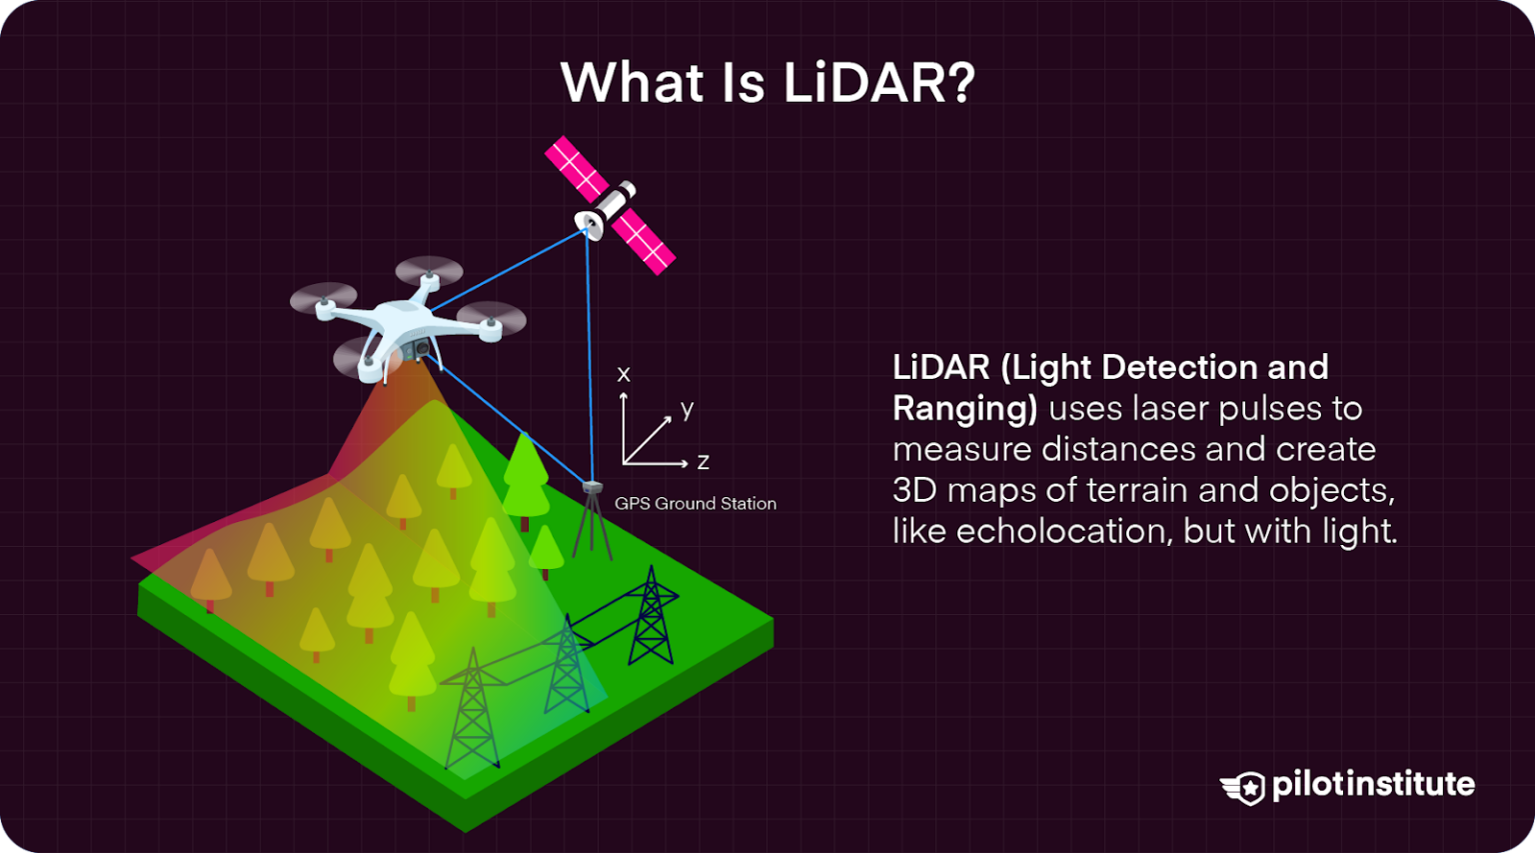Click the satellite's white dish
coord(589,225)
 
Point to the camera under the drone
coord(420,349)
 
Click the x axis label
coord(624,374)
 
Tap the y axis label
coord(687,409)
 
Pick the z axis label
coord(704,462)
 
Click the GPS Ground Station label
coord(695,504)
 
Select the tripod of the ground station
coord(592,525)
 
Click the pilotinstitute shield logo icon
coord(1244,787)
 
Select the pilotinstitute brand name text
coord(1373,784)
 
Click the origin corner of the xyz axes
coord(624,464)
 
